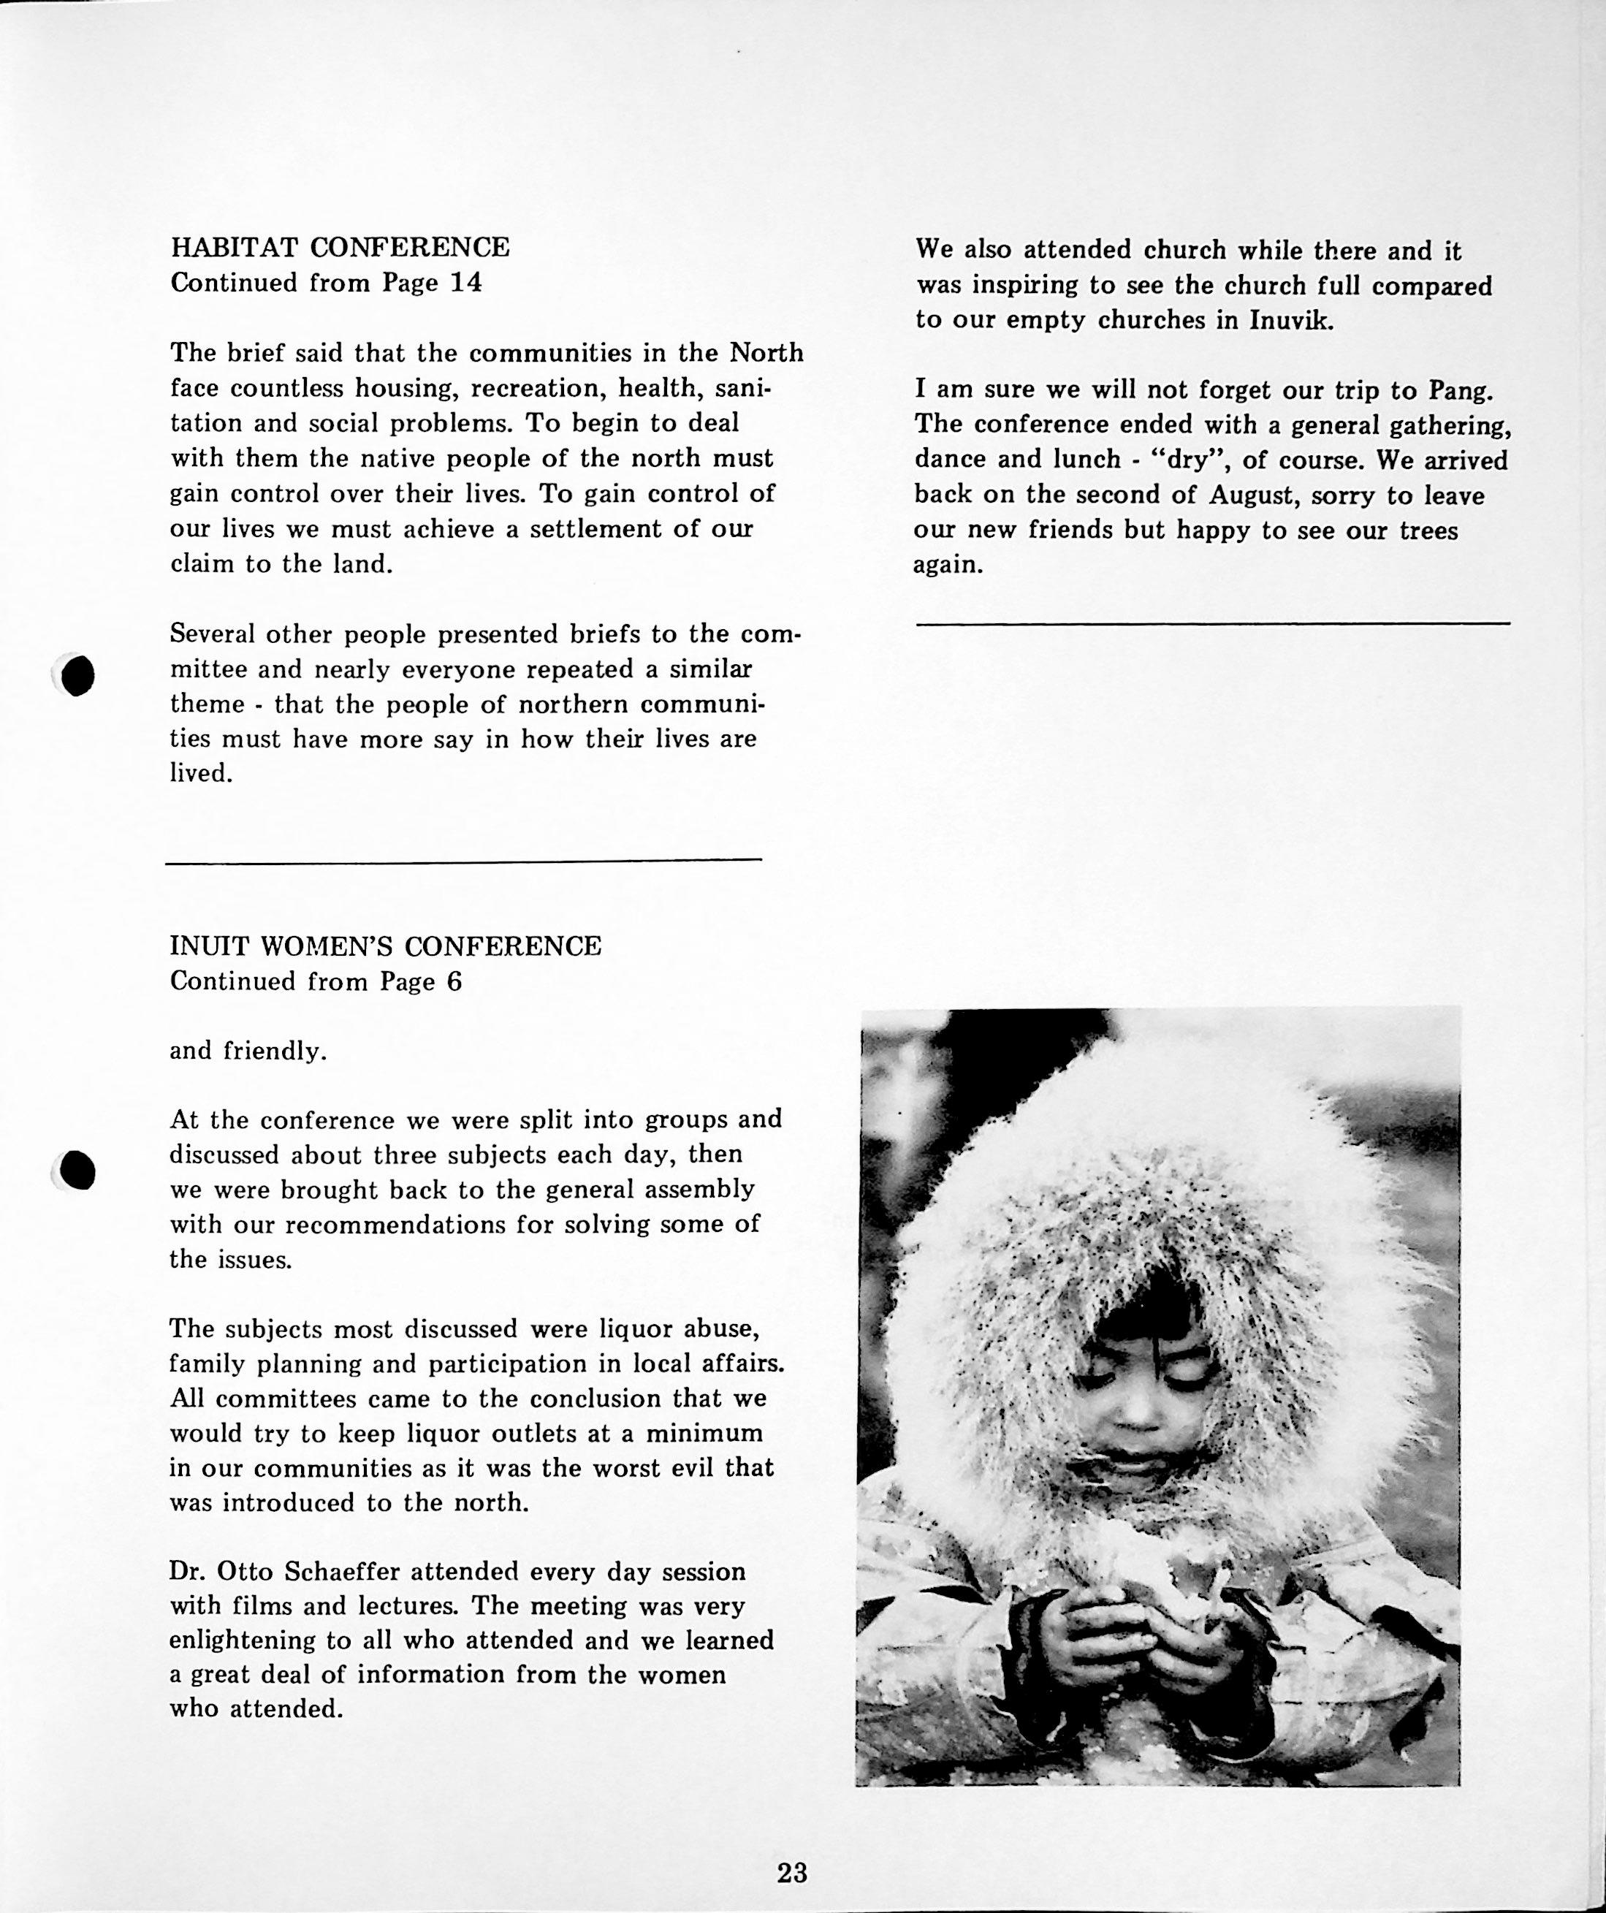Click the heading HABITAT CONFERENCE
(340, 247)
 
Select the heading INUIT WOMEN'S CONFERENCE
(385, 946)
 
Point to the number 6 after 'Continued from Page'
(454, 981)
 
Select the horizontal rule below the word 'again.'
(1211, 623)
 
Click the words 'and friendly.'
(248, 1051)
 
